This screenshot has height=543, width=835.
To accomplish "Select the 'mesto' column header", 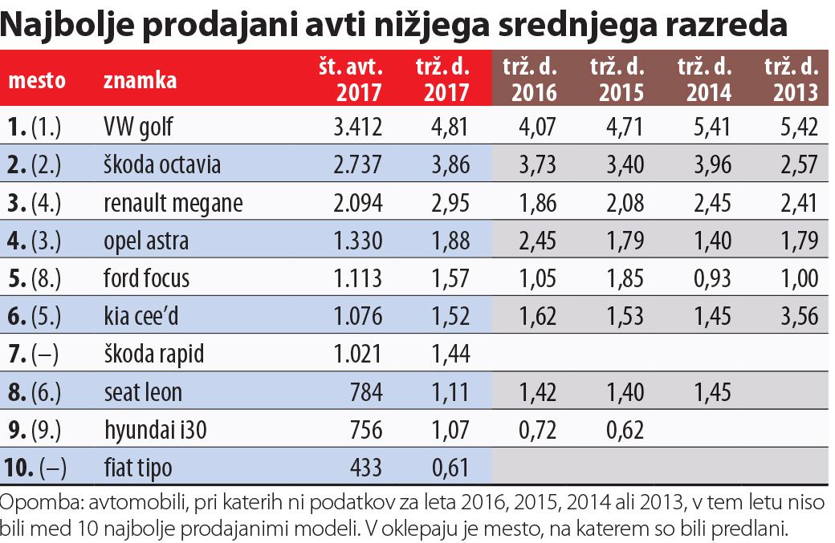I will (x=36, y=80).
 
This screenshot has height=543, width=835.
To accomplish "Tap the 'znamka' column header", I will (x=140, y=80).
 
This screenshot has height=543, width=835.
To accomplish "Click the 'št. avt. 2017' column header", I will (x=350, y=79).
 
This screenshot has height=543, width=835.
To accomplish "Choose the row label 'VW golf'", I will (x=138, y=127).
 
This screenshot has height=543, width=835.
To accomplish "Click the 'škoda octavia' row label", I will (x=162, y=165).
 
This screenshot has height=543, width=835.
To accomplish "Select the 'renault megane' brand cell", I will (x=173, y=203).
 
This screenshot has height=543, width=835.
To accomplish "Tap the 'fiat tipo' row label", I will (x=138, y=468).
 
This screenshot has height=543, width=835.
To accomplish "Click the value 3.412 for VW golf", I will (x=356, y=127).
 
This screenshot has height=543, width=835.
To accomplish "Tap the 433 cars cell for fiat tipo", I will (x=365, y=468).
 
